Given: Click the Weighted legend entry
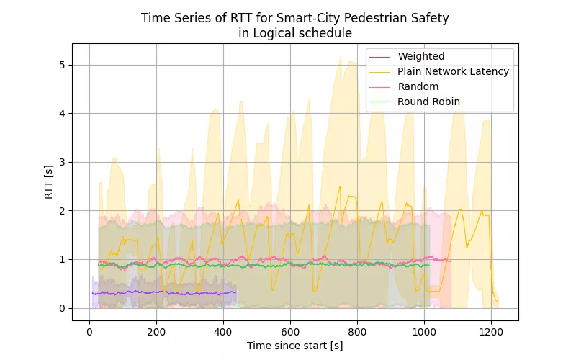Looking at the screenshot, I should (421, 56).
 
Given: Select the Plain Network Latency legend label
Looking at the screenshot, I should (453, 71).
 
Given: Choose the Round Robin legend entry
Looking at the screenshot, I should (428, 102).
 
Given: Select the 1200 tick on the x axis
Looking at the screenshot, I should (491, 333).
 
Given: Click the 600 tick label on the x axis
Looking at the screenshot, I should (290, 333).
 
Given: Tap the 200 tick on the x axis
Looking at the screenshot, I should (156, 333).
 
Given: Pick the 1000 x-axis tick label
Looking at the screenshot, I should (424, 333).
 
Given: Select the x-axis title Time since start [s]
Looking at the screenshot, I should (295, 346).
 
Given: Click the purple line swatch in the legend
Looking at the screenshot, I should (380, 56).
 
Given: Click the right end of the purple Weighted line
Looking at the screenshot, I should (236, 292).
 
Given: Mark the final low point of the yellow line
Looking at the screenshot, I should (498, 302).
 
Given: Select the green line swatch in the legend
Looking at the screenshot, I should (380, 102).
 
